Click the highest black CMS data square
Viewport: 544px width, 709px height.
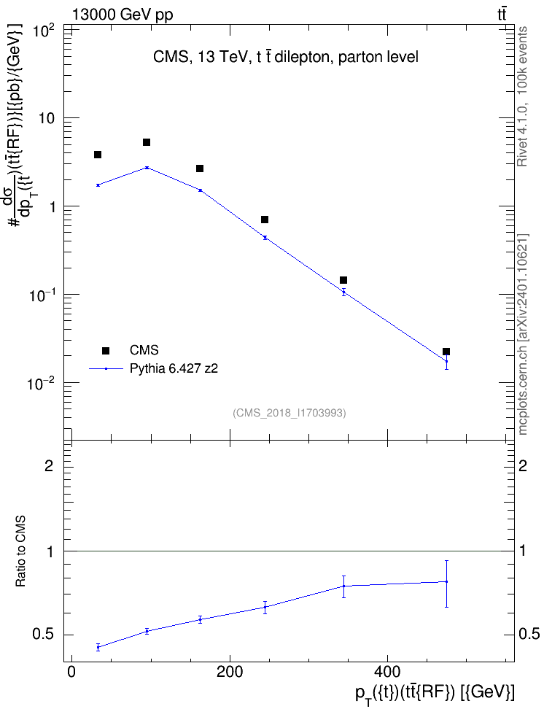click(x=147, y=142)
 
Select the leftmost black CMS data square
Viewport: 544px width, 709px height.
click(x=98, y=155)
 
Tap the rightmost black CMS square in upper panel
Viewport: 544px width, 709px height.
click(x=446, y=352)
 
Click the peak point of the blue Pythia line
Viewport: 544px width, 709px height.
click(x=147, y=168)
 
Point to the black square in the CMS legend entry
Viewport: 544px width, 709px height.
click(x=106, y=350)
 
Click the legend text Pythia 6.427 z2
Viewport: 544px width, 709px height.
click(x=174, y=368)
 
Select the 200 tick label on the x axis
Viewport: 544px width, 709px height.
click(x=230, y=672)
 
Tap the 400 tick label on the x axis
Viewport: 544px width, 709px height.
click(x=387, y=672)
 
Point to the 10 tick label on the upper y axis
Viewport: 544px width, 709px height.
click(x=46, y=118)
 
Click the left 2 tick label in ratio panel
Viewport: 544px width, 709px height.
click(x=49, y=465)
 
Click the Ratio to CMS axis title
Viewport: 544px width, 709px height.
click(x=20, y=551)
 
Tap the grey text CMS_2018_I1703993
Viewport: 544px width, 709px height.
click(x=290, y=413)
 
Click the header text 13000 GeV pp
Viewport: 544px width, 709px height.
click(x=123, y=15)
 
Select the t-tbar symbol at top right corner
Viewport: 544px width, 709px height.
click(x=502, y=15)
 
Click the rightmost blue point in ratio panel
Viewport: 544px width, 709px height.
click(x=446, y=581)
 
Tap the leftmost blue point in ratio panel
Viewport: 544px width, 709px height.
click(x=98, y=647)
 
